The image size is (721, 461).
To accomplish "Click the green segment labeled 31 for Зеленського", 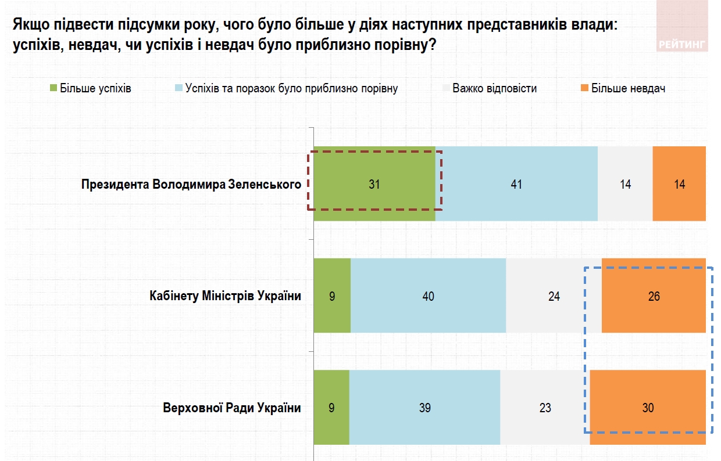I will (374, 184).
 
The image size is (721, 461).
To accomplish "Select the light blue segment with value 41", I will (516, 184).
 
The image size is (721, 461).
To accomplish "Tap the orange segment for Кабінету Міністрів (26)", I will (654, 296).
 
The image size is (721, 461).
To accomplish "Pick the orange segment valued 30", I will (648, 408).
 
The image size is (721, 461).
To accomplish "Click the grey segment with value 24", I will (554, 296).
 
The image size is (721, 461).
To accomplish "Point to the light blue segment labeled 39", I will (424, 408).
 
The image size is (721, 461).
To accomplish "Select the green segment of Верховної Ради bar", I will (331, 408).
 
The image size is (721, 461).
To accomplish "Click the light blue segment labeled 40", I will (428, 296).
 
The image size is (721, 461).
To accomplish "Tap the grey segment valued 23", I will (545, 408).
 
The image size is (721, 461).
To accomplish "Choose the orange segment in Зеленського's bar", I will (679, 184).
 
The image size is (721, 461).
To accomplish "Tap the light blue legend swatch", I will (179, 89).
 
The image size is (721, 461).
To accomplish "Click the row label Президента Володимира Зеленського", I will (191, 185).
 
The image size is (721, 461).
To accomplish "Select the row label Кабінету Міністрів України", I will (225, 296).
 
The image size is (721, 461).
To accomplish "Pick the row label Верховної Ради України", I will (232, 408).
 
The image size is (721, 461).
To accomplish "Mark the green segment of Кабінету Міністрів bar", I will (332, 296).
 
